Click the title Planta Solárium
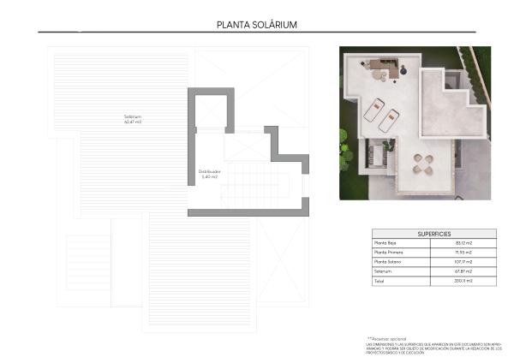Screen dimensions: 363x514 [x=257, y=25]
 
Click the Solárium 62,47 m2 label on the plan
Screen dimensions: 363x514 [x=132, y=119]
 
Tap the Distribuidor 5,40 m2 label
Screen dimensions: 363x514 [x=210, y=173]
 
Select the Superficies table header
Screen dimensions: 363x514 [x=433, y=234]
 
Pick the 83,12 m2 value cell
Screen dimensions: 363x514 [x=463, y=243]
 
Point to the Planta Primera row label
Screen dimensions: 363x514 [x=388, y=253]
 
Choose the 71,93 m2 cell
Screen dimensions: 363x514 [x=463, y=253]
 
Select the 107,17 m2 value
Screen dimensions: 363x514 [x=463, y=262]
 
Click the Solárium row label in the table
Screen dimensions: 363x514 [x=383, y=271]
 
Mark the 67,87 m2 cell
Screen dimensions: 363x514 [x=463, y=271]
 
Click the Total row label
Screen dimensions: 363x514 [x=380, y=281]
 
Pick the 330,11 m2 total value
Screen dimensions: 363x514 [x=463, y=281]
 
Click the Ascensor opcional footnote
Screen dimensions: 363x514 [x=387, y=339]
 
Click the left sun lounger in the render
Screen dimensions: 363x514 [x=374, y=110]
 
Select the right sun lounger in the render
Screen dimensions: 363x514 [x=389, y=120]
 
